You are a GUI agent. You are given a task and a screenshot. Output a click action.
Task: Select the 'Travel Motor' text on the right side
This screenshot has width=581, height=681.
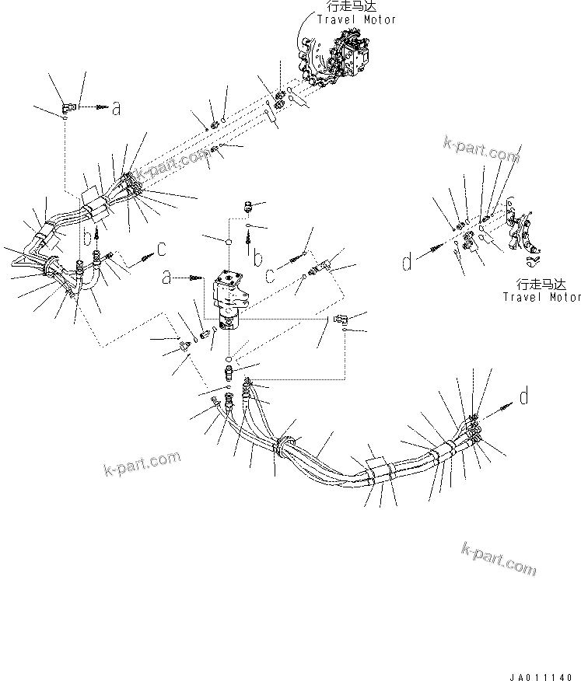[x=541, y=296]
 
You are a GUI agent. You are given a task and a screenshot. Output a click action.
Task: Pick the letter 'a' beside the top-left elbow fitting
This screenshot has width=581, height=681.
[x=116, y=110]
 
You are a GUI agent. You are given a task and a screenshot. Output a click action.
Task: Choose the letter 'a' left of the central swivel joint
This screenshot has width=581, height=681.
[x=167, y=277]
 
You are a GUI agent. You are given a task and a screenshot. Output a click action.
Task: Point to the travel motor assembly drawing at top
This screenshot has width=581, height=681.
[x=342, y=54]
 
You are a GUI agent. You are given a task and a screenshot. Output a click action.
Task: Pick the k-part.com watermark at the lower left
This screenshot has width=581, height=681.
[x=142, y=465]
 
